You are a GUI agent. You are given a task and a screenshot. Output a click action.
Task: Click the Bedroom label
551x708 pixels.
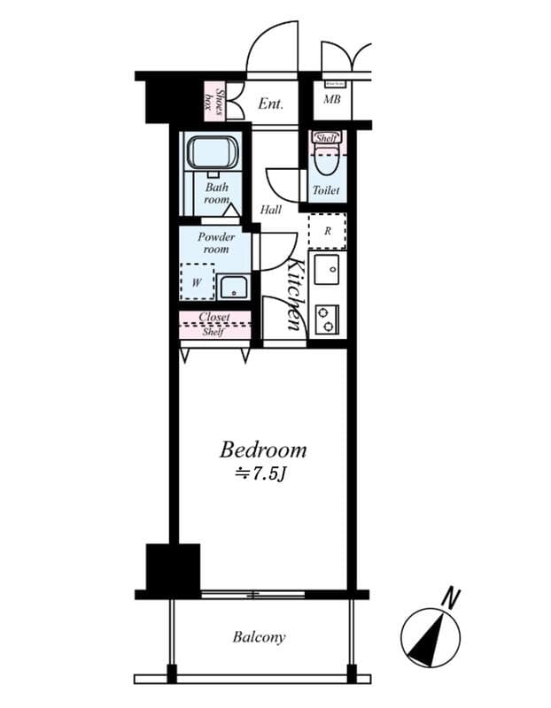pyautogui.click(x=264, y=449)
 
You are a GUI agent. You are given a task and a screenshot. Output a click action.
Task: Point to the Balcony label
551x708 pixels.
pyautogui.click(x=259, y=637)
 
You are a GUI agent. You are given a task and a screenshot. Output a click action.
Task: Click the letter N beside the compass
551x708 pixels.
pyautogui.click(x=453, y=598)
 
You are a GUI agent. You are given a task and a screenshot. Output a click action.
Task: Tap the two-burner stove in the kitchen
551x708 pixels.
pyautogui.click(x=326, y=319)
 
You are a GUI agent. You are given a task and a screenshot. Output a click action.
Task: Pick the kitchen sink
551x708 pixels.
pyautogui.click(x=326, y=269)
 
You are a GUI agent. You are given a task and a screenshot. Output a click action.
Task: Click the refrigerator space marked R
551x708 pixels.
pyautogui.click(x=327, y=231)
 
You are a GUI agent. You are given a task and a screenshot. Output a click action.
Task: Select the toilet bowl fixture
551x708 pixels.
pyautogui.click(x=325, y=162)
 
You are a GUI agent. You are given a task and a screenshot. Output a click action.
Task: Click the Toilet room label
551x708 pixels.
pyautogui.click(x=325, y=191)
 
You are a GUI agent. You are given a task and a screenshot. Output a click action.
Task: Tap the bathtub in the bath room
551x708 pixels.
pyautogui.click(x=213, y=152)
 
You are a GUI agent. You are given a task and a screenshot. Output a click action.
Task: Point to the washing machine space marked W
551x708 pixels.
pyautogui.click(x=197, y=283)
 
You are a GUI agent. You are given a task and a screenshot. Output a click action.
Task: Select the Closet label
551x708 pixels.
pyautogui.click(x=214, y=317)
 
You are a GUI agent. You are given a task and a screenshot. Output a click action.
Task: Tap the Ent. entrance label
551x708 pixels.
pyautogui.click(x=270, y=104)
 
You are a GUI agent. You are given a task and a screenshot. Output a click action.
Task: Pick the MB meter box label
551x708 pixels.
pyautogui.click(x=331, y=99)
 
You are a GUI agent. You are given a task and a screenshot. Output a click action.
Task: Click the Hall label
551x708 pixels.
pyautogui.click(x=271, y=210)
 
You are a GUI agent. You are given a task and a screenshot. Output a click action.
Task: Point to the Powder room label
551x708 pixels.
pyautogui.click(x=215, y=242)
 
